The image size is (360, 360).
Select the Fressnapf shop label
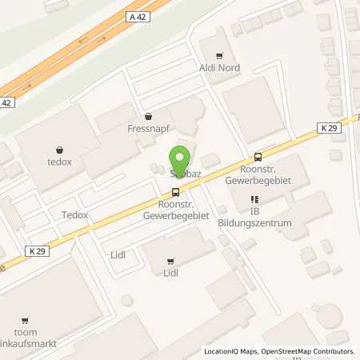pos(147,126)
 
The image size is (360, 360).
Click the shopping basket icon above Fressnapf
pos(147,115)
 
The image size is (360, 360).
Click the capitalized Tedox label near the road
pos(74,215)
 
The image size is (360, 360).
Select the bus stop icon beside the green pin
pos(175,191)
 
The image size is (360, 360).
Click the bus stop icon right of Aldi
pos(257,157)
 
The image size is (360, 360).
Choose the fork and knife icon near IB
pos(254,199)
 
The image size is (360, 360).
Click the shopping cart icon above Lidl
pos(170,261)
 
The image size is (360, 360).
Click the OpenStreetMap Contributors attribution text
pos(310,351)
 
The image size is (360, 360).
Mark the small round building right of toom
pos(126,300)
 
